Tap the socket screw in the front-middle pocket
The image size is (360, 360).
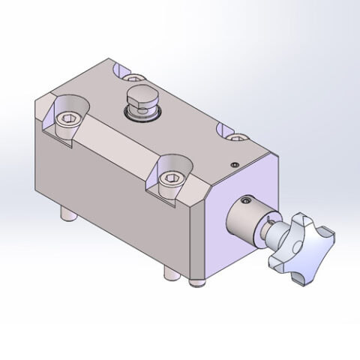(x=170, y=179)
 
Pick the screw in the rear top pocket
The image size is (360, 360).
(x=133, y=76)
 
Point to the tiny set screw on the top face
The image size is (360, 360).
(x=234, y=166)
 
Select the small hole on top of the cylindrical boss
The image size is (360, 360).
(x=245, y=201)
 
